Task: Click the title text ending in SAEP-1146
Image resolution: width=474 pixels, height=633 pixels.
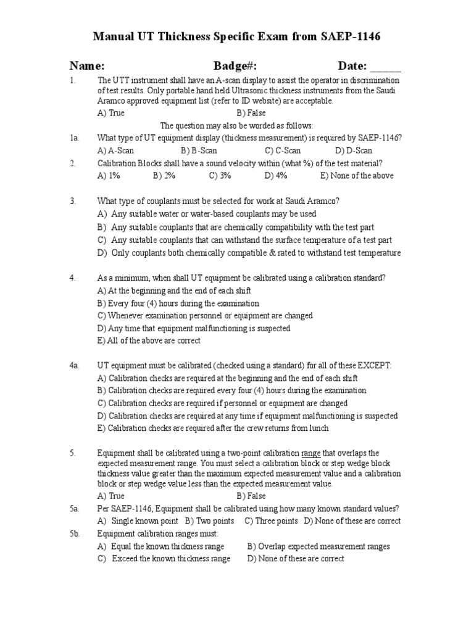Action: point(236,37)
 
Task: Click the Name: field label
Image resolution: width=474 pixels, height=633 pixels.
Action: point(86,66)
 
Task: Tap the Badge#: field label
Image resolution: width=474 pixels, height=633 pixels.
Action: point(235,66)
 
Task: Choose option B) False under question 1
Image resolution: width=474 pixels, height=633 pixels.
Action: point(251,113)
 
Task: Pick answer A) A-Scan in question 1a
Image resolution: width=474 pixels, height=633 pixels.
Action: point(115,150)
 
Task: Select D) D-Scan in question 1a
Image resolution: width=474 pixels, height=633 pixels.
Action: point(354,150)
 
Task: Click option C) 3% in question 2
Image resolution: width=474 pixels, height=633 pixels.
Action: point(220,176)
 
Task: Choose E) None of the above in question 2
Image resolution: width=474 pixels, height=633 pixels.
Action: point(356,176)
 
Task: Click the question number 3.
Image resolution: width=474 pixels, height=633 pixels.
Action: point(73,201)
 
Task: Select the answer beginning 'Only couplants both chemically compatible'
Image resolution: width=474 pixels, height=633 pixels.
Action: point(249,253)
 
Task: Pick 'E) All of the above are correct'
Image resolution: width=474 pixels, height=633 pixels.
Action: point(149,341)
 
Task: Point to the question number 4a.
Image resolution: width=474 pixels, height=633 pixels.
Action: point(75,366)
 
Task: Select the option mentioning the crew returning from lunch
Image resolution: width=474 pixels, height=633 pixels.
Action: point(213,428)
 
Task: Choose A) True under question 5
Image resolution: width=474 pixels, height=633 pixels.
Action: point(111,496)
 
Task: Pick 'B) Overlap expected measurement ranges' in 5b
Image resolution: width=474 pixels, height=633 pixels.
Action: point(318,546)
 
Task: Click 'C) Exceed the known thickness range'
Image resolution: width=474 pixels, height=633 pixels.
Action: point(164,559)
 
